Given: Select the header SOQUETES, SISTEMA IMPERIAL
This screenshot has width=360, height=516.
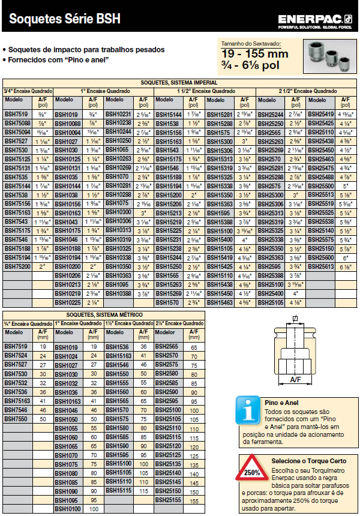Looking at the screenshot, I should pyautogui.click(x=179, y=82).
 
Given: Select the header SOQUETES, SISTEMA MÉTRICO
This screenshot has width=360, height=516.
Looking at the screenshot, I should pyautogui.click(x=103, y=314).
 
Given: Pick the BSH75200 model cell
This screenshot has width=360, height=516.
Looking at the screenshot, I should pyautogui.click(x=17, y=265).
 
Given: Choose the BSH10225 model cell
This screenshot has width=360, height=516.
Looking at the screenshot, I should pyautogui.click(x=67, y=302).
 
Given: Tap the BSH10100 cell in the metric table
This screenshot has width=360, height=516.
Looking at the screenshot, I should pyautogui.click(x=67, y=509).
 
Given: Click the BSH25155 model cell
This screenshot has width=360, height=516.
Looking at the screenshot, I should pyautogui.click(x=167, y=499).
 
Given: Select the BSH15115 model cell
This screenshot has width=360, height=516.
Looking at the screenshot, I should pyautogui.click(x=118, y=490).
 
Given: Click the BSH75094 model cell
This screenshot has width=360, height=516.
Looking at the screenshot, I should pyautogui.click(x=17, y=132).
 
